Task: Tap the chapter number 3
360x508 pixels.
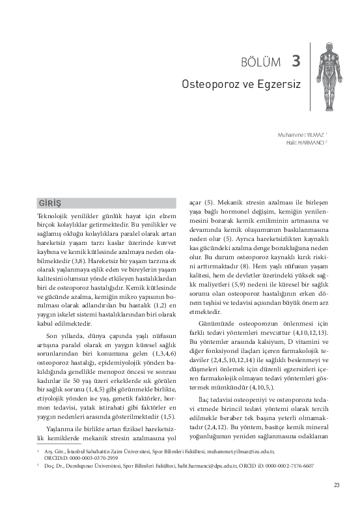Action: tap(296, 61)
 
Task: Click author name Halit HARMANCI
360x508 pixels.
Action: tap(305, 141)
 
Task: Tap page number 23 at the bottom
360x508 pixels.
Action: tap(337, 485)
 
